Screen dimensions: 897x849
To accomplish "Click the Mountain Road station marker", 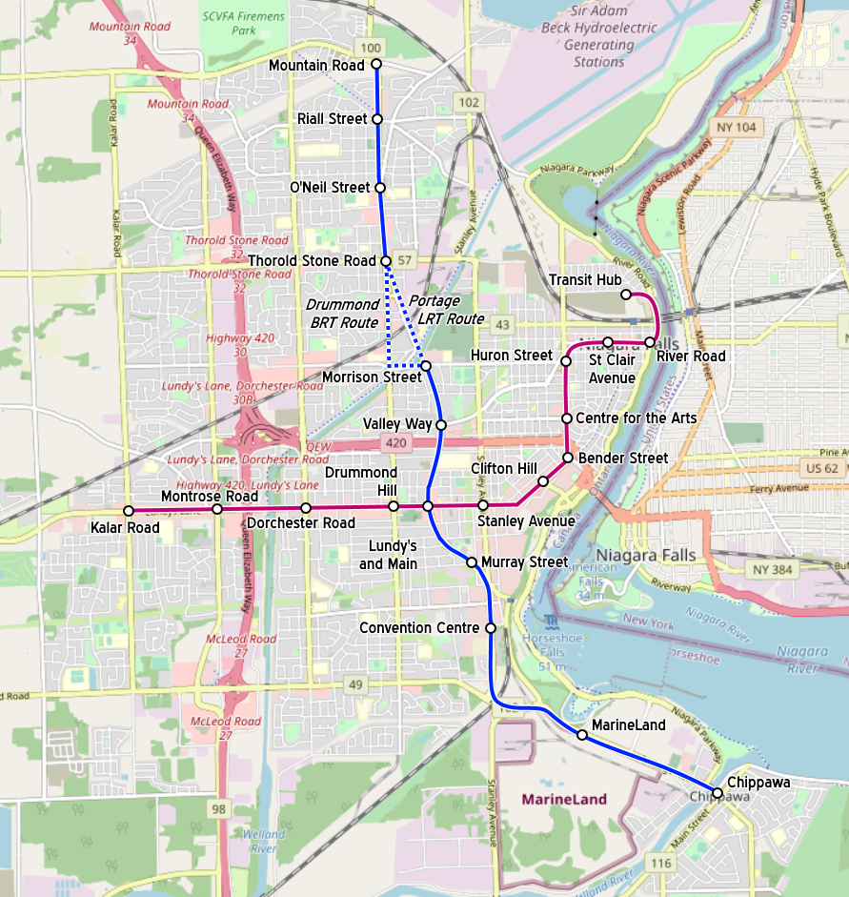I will click(375, 65).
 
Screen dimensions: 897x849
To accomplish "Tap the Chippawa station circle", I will click(718, 793).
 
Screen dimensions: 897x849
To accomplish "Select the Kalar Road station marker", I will click(129, 511).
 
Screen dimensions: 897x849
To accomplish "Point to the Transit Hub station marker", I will click(626, 295).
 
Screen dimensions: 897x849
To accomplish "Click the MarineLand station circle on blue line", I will click(581, 735).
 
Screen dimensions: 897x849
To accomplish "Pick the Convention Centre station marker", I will click(490, 628).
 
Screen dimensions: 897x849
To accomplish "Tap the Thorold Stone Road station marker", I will click(386, 261).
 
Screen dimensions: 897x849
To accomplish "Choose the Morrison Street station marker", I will click(426, 366).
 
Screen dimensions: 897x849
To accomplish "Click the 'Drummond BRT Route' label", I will click(344, 314).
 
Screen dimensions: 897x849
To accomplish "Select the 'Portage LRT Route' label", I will click(446, 310).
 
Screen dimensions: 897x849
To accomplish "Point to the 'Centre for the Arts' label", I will click(636, 418).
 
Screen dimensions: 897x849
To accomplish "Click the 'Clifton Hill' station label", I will click(504, 468).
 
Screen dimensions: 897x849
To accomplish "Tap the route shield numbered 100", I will click(371, 48).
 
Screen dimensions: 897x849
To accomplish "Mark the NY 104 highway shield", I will click(733, 127).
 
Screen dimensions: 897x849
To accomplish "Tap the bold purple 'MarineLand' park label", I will click(563, 800).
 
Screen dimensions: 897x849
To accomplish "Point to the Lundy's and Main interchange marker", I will click(428, 505).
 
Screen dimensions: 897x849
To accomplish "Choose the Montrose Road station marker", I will click(217, 509).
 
